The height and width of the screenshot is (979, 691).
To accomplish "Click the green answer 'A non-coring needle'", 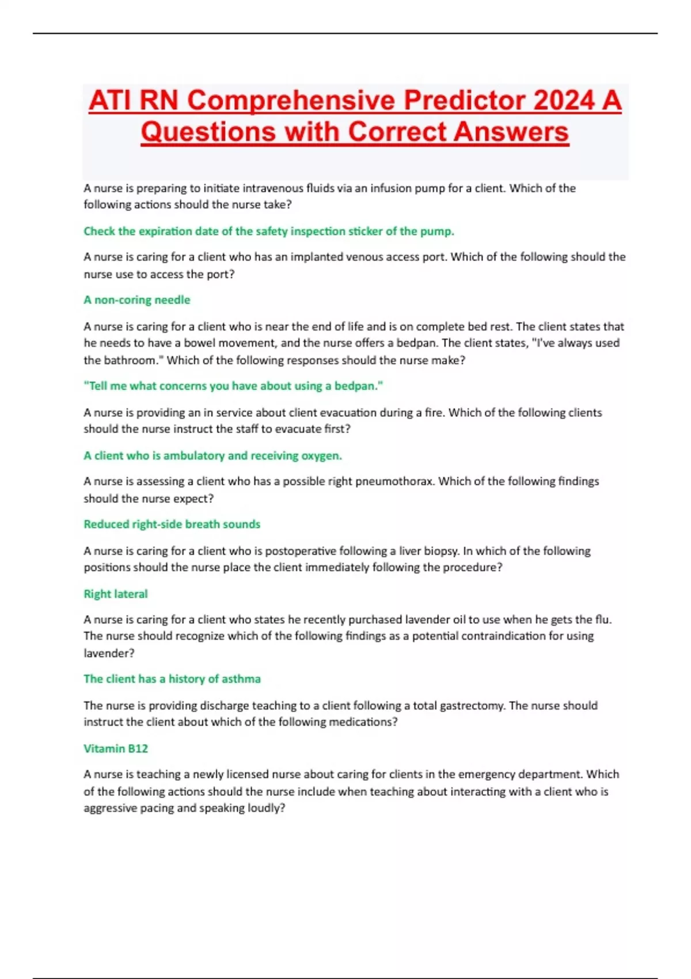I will [x=136, y=299].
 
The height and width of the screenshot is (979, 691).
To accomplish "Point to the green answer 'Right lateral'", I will [x=115, y=594].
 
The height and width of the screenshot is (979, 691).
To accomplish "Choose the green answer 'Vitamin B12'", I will [x=115, y=748].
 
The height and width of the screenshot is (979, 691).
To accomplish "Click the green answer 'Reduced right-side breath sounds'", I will [x=172, y=524].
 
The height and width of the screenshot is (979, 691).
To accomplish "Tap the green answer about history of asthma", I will [x=172, y=678].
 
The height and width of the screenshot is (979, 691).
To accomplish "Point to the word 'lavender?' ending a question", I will [x=109, y=653].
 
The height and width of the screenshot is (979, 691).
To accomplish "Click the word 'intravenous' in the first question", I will [x=273, y=188].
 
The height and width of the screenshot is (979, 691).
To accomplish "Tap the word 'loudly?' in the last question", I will [x=266, y=807].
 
